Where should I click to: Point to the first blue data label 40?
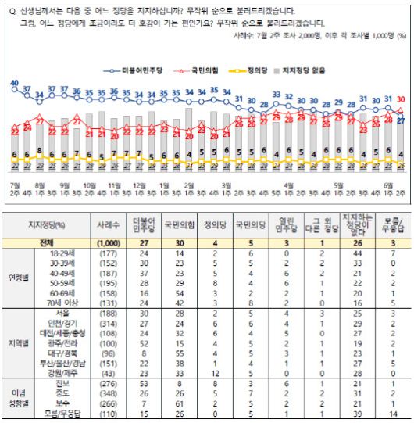point(14,83)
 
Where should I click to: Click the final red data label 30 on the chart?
point(400,99)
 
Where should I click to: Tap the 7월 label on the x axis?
point(14,186)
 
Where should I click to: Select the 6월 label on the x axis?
point(388,186)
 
